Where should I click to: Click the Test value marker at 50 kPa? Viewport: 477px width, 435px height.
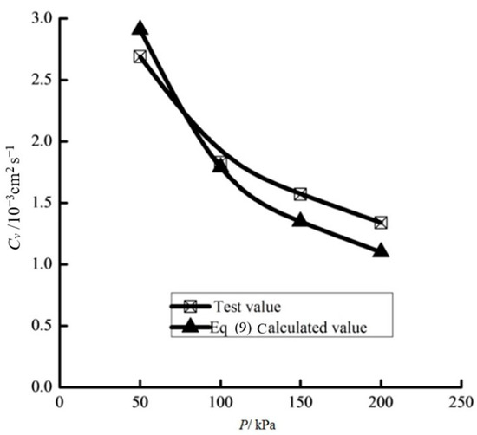coord(140,56)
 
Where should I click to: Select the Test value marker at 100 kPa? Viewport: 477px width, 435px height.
coord(220,162)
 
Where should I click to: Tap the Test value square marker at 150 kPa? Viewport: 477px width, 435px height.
coord(300,194)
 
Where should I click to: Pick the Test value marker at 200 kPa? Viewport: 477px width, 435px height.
coord(381,223)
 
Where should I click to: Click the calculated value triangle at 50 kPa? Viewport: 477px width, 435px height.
coord(140,29)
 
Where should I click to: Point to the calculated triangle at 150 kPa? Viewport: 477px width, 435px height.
coord(300,220)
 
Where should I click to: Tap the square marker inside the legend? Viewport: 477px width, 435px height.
coord(193,305)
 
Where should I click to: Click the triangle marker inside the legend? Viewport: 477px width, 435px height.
coord(193,327)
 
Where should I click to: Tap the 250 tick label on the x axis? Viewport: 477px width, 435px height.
coord(461,403)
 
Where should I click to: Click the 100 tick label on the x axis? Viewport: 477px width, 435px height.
coord(220,403)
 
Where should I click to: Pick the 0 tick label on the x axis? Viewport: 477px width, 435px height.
coord(59,403)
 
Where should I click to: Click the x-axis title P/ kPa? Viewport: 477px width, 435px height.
coord(258,424)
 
